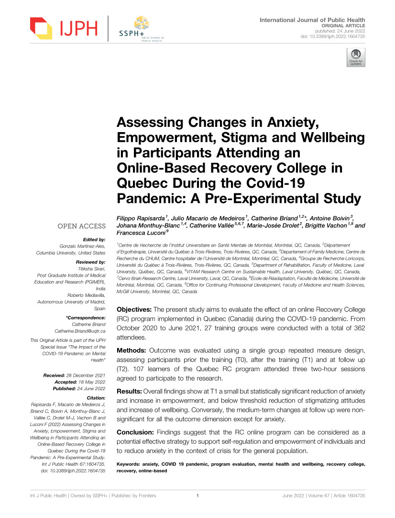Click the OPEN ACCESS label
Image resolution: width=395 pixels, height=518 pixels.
click(81, 226)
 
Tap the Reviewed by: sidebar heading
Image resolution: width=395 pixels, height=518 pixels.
click(91, 262)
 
